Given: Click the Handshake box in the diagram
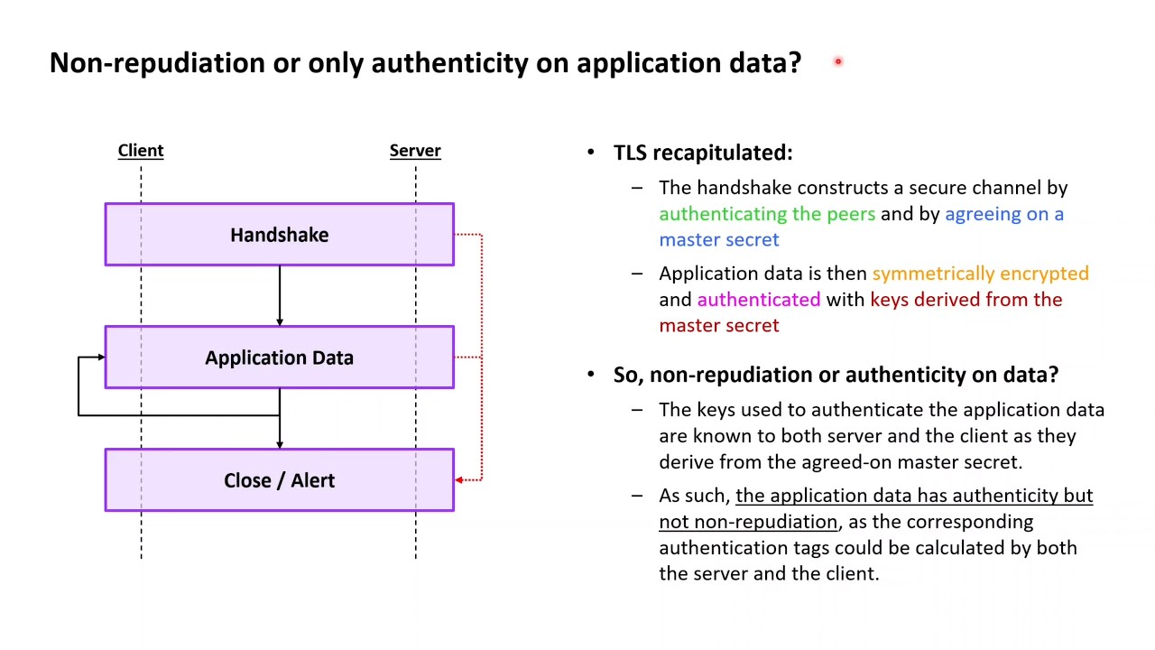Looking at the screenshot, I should click(x=279, y=235).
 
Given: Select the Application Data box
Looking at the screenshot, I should click(x=279, y=357).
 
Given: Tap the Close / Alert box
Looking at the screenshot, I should click(x=279, y=480).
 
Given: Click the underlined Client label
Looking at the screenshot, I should click(x=141, y=151).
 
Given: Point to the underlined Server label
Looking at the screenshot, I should click(x=415, y=151).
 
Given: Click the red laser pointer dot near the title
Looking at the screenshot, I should click(x=838, y=61).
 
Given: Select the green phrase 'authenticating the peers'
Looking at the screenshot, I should click(x=767, y=214).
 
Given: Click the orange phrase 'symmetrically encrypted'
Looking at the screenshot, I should click(x=980, y=274).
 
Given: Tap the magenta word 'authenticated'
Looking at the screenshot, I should click(x=758, y=300).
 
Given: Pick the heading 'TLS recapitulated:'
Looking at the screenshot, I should click(x=703, y=153).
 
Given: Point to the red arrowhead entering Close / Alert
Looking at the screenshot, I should click(x=459, y=480).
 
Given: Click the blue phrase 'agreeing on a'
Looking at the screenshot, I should click(x=1003, y=214).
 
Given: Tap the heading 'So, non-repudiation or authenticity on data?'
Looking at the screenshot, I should click(x=836, y=375).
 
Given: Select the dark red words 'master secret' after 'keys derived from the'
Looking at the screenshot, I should click(x=718, y=326).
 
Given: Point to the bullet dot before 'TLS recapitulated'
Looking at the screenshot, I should click(x=591, y=153).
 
